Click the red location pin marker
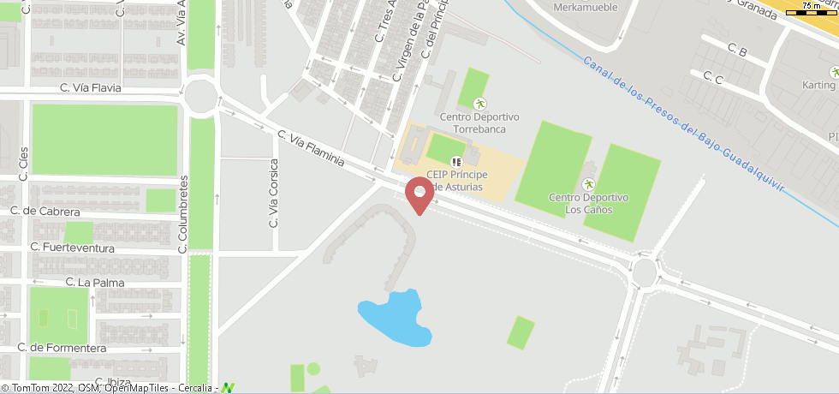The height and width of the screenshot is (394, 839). (419, 194)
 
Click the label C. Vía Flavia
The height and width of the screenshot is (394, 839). (91, 87)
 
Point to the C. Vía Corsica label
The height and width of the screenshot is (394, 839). (274, 193)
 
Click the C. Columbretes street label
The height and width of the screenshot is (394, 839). (182, 214)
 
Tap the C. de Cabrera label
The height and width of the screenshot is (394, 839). (45, 212)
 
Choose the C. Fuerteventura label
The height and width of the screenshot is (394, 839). (72, 248)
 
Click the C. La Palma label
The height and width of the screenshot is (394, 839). (95, 282)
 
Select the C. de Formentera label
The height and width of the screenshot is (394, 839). (56, 348)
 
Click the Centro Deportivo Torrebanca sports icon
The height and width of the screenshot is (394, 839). (479, 104)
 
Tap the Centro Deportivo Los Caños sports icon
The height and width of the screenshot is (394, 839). (588, 185)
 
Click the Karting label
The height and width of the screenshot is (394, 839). (818, 86)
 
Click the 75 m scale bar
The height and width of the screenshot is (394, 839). (812, 8)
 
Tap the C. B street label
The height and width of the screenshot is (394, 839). (736, 51)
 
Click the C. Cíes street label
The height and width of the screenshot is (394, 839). (23, 158)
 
